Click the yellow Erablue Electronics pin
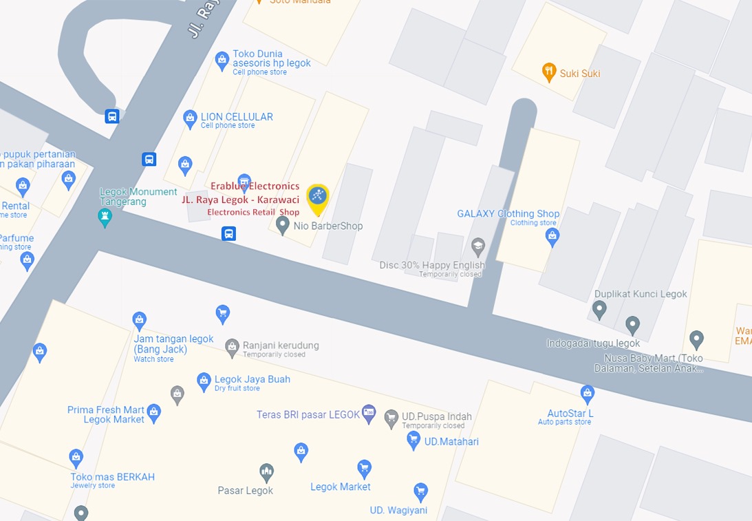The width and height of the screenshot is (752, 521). click(318, 199)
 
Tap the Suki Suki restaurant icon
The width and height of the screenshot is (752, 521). click(549, 72)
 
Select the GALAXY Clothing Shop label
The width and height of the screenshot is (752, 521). click(508, 214)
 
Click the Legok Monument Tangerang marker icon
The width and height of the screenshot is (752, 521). click(105, 217)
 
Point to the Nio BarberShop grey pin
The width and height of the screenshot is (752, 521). click(282, 224)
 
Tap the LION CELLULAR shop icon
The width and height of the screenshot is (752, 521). click(191, 118)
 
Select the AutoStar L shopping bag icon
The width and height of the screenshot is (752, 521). click(587, 394)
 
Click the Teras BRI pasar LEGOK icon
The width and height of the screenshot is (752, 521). click(369, 413)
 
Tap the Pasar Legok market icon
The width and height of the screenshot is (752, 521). click(266, 472)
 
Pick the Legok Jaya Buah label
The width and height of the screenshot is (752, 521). click(252, 379)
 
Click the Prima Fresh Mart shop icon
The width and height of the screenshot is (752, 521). click(154, 412)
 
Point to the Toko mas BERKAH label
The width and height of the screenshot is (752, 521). click(113, 477)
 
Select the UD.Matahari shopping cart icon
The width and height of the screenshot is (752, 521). click(413, 440)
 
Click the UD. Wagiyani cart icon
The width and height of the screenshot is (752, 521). click(421, 491)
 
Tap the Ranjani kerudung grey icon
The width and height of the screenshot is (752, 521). click(233, 345)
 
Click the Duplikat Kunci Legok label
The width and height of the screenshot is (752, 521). click(641, 294)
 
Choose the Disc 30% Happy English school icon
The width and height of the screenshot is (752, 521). click(477, 246)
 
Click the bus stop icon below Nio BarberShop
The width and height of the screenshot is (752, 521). click(229, 233)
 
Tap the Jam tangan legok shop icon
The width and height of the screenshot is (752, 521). click(140, 320)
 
